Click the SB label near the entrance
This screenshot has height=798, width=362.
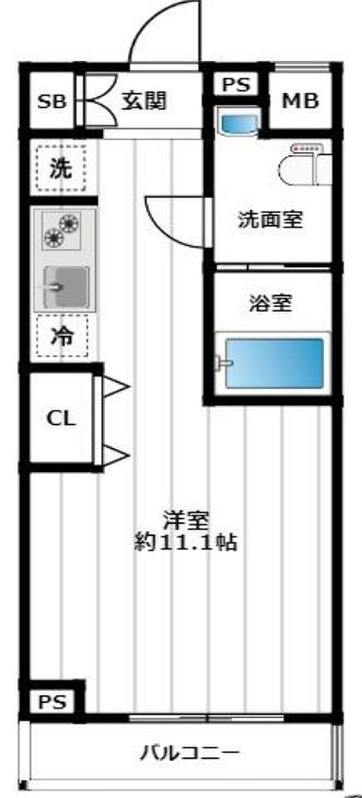click(52, 102)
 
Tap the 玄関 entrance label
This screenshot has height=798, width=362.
click(144, 101)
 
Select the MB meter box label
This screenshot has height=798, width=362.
click(300, 101)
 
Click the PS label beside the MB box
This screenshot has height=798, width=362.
click(236, 84)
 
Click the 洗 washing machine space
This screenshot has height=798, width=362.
click(61, 168)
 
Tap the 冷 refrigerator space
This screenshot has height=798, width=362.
click(62, 336)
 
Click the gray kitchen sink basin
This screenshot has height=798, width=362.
click(66, 287)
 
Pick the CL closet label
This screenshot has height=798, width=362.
click(61, 418)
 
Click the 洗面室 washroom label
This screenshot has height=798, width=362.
click(271, 219)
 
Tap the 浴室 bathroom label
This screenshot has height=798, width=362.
click(271, 303)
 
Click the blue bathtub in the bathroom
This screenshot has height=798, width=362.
click(275, 363)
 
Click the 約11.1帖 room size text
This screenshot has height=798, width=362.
click(185, 543)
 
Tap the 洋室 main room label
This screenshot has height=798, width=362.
click(185, 520)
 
